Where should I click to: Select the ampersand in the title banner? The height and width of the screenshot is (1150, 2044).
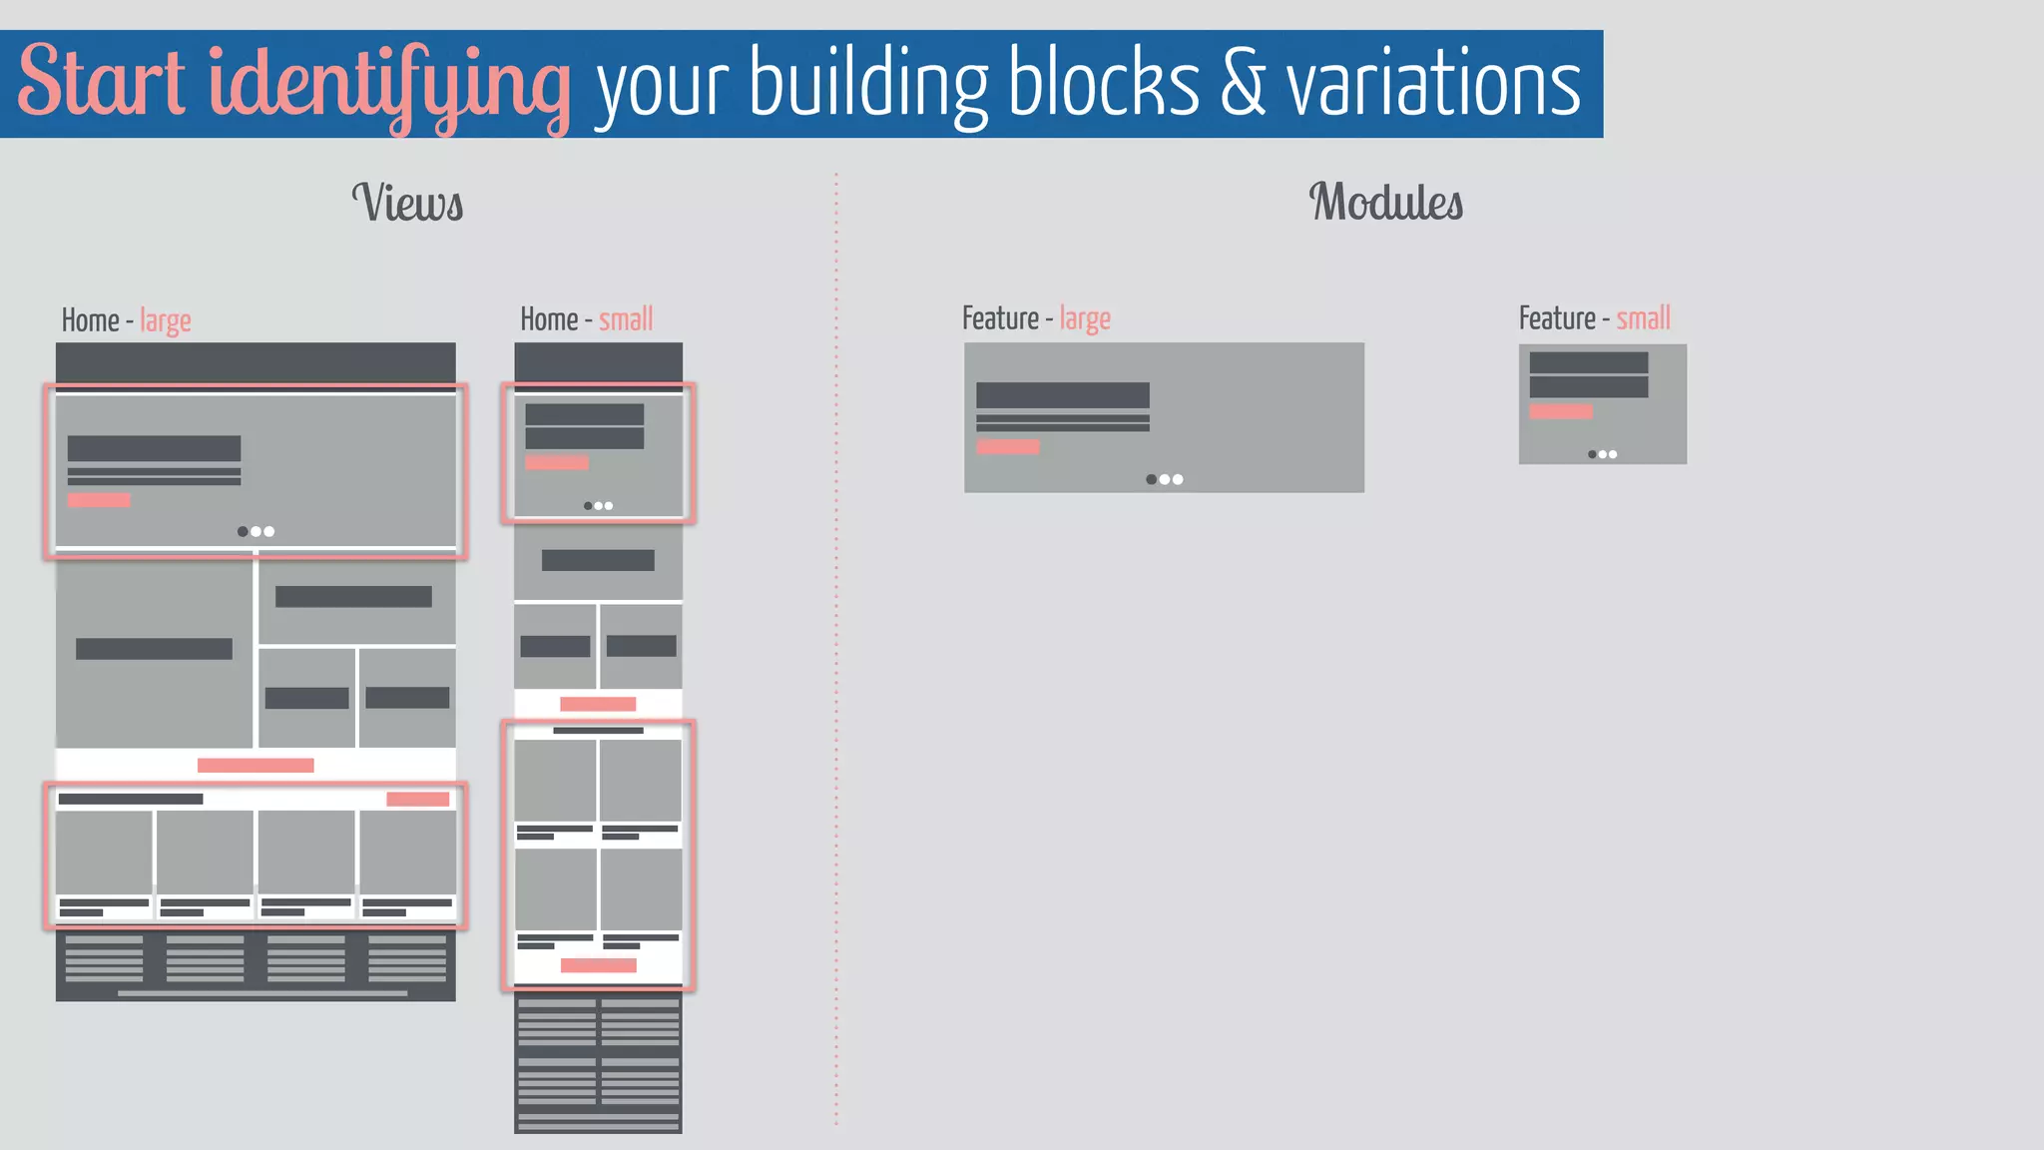tap(1242, 83)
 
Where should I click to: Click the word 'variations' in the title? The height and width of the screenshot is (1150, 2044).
tap(1433, 83)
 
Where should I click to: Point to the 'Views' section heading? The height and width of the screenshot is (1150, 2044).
tap(407, 203)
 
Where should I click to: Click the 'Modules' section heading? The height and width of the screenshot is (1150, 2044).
tap(1385, 202)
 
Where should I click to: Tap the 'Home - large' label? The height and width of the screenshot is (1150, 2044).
tap(126, 320)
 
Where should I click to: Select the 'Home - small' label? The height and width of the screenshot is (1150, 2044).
tap(586, 319)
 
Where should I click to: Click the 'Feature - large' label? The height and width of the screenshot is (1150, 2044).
tap(1036, 318)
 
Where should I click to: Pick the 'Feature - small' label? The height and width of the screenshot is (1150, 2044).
tap(1594, 318)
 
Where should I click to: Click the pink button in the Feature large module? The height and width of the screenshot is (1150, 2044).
tap(1008, 447)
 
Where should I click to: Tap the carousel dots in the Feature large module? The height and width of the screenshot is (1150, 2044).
tap(1164, 479)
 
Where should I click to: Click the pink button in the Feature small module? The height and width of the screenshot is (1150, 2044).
tap(1560, 411)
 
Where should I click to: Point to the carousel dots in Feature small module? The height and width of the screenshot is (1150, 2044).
tap(1602, 454)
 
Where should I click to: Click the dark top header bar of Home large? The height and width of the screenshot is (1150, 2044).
tap(255, 362)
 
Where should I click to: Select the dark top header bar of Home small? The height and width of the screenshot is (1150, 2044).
tap(598, 361)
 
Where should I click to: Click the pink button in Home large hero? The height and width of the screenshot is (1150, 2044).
tap(99, 500)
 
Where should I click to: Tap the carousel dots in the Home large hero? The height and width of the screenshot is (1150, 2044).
tap(255, 531)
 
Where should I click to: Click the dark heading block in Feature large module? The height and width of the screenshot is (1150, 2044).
tap(1062, 395)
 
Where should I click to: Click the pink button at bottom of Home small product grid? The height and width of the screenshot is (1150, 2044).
tap(598, 965)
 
